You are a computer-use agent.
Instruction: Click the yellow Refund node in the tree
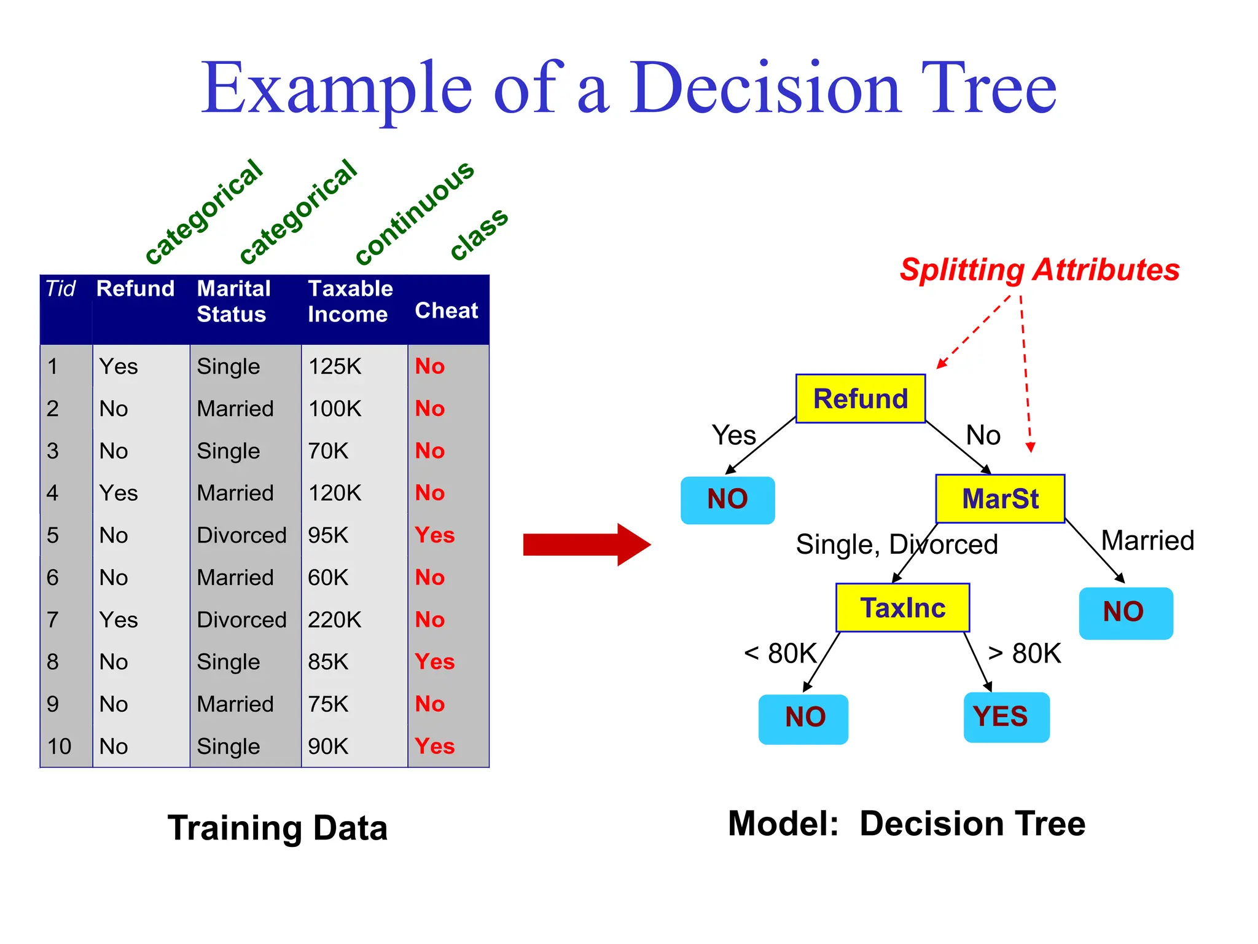860,398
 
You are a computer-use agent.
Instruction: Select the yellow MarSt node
999,498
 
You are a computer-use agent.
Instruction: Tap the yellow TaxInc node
902,608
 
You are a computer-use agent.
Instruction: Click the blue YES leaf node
1006,717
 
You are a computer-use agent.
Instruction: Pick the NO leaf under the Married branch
1125,613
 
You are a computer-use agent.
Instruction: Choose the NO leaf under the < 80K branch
803,718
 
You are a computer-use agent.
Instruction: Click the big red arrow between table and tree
586,545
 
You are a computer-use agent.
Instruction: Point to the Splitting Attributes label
1039,270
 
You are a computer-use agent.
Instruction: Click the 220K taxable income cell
334,619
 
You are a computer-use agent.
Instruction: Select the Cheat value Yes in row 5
434,535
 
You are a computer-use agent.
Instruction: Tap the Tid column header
61,289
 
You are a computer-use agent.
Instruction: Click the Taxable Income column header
350,302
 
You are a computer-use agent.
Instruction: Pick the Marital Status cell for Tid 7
241,619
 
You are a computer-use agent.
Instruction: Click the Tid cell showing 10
60,746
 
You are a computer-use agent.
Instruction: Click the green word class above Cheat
479,234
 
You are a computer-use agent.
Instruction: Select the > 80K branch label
1024,653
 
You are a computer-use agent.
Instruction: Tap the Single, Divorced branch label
896,545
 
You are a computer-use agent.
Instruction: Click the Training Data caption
277,828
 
